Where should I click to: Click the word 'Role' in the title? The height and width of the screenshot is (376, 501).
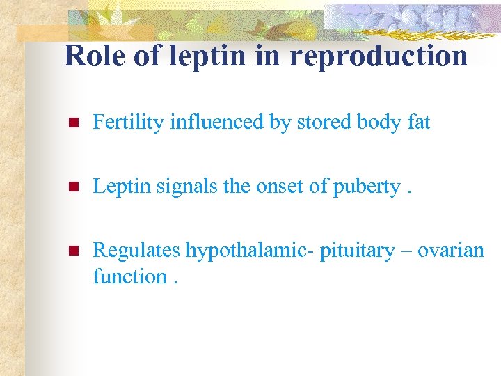tap(95, 56)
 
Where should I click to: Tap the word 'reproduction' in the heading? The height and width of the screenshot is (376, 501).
tap(379, 56)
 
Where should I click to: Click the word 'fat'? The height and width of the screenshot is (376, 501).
tap(419, 123)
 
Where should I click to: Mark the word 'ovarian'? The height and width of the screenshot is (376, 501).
tap(451, 250)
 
